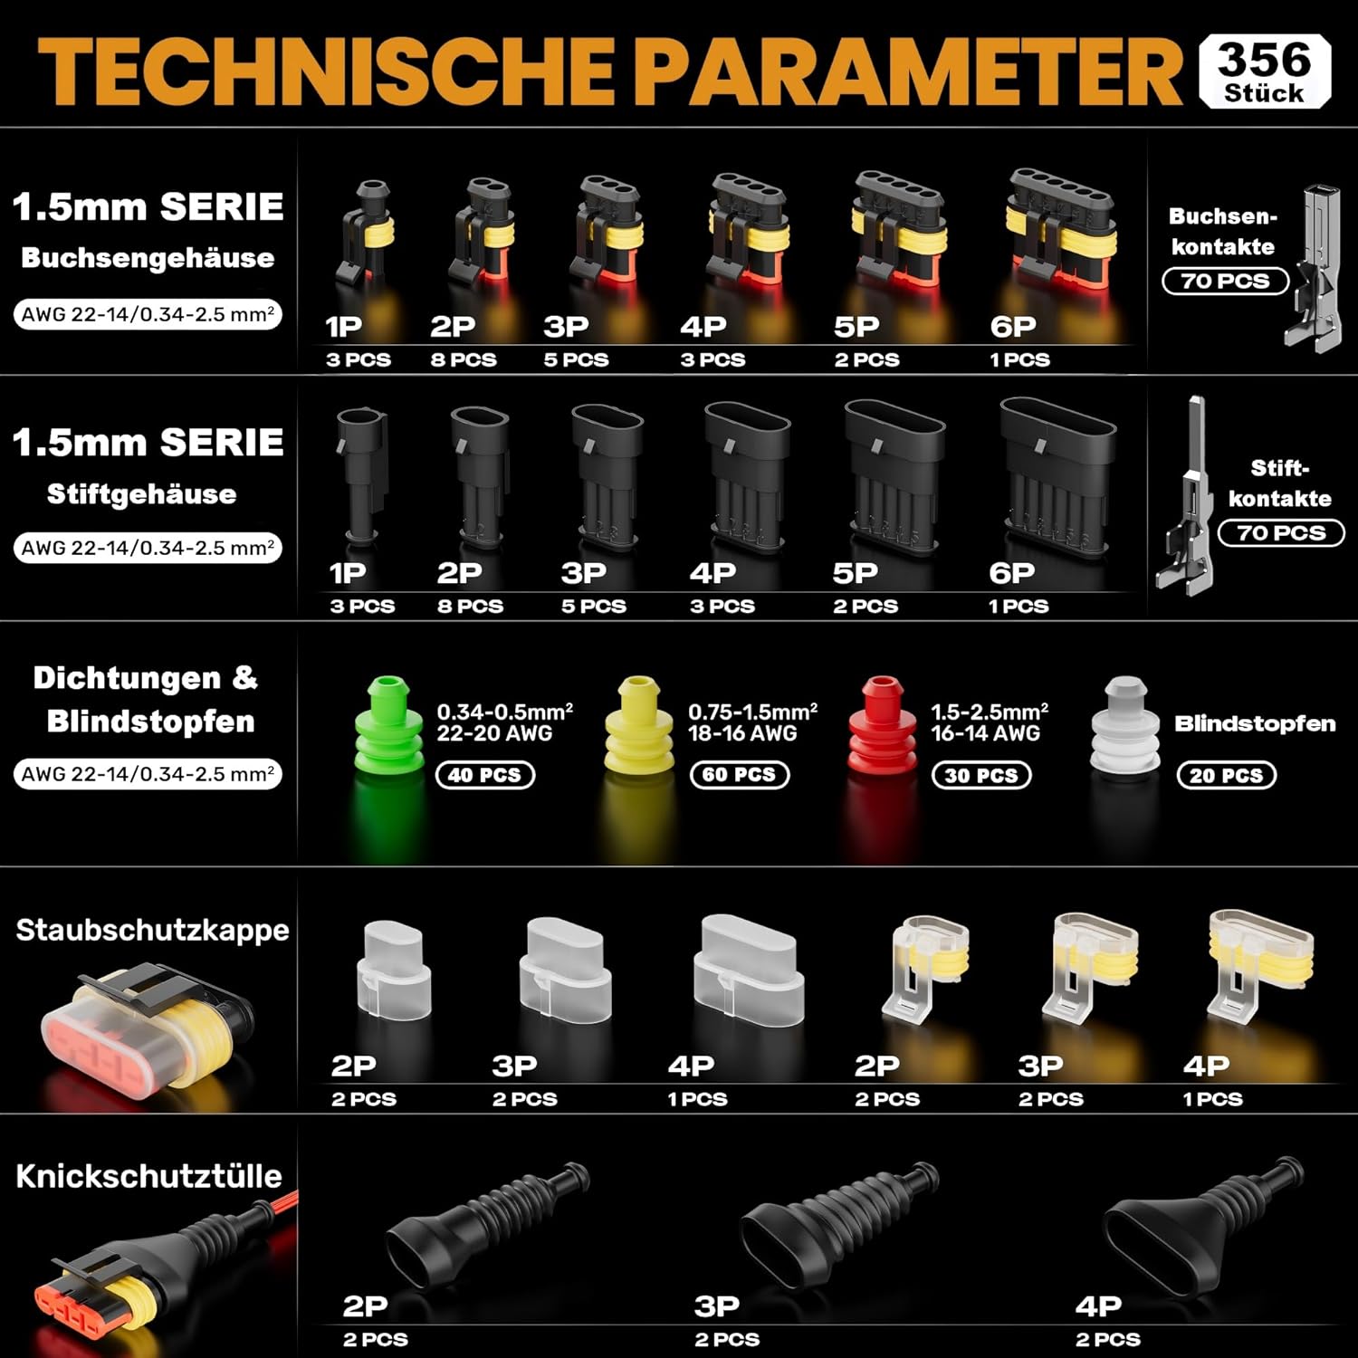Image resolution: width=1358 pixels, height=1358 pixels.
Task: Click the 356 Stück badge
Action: (1265, 72)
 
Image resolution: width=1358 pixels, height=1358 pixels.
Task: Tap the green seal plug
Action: (388, 727)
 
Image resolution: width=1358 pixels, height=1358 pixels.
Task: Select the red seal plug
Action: (882, 725)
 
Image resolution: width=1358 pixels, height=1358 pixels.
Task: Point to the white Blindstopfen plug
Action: (1125, 725)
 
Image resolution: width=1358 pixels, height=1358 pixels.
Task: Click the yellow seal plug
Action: (639, 725)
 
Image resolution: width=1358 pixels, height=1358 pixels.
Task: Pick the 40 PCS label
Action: (485, 775)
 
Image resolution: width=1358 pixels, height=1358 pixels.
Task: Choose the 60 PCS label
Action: (740, 774)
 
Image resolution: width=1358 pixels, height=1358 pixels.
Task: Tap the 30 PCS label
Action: (981, 775)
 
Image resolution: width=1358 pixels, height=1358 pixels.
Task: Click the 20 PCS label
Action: (1226, 775)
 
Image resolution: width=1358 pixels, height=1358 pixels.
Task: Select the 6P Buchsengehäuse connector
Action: (1060, 226)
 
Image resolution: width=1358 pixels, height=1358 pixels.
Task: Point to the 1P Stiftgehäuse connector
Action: (359, 476)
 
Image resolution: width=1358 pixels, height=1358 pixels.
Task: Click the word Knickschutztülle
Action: (149, 1176)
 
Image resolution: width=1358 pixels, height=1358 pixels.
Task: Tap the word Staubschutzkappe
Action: (152, 930)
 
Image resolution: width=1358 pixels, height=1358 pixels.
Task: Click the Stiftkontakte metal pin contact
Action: (1188, 496)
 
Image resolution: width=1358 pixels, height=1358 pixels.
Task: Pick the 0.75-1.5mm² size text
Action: (753, 712)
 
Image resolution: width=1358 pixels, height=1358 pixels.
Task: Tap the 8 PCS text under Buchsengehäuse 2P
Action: (464, 359)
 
